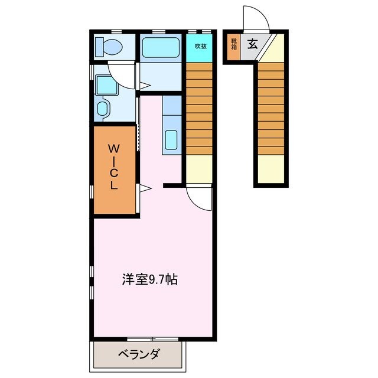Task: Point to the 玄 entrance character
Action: tap(252, 43)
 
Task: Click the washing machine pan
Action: tap(106, 85)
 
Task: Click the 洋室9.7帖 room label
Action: tap(149, 278)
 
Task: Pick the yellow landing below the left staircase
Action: tap(199, 169)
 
